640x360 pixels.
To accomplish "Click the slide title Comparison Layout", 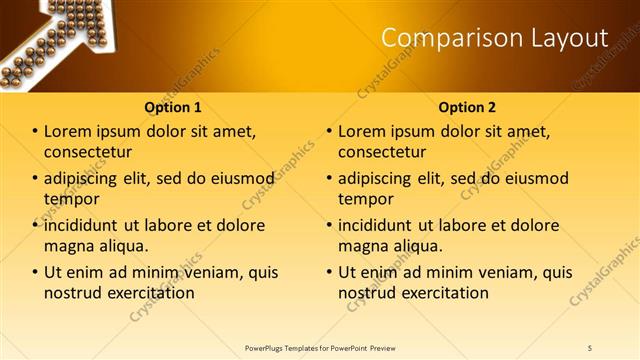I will pyautogui.click(x=495, y=39).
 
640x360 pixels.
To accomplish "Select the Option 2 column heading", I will pyautogui.click(x=466, y=107).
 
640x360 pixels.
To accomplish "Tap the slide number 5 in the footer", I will pyautogui.click(x=590, y=347).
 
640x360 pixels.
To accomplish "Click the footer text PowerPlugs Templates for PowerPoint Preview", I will pyautogui.click(x=321, y=347).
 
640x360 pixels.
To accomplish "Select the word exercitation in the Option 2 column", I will pyautogui.click(x=442, y=293).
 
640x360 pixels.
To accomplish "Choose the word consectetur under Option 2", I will pyautogui.click(x=382, y=152).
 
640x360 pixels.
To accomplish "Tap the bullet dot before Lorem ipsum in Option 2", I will pyautogui.click(x=330, y=132).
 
